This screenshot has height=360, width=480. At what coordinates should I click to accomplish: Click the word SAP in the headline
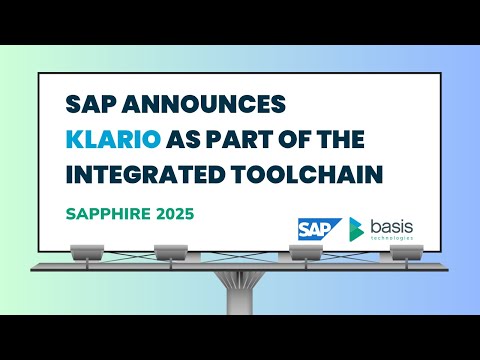click(88, 104)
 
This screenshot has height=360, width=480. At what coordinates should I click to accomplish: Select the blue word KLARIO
click(110, 139)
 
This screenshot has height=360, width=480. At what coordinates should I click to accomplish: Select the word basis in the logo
click(392, 225)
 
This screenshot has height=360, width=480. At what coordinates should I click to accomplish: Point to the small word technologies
click(392, 239)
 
